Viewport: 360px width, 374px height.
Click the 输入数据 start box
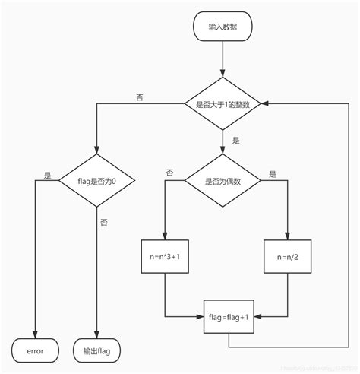pos(223,27)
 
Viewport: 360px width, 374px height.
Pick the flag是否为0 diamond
pos(96,181)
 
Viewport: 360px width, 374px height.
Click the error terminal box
pos(35,351)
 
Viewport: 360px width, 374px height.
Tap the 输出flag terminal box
pos(96,351)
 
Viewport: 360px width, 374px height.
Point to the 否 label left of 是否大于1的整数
pos(138,97)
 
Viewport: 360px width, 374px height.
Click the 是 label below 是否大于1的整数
pos(235,141)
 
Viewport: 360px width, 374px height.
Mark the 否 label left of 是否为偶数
pos(169,174)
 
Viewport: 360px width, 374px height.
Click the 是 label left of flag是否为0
pos(48,175)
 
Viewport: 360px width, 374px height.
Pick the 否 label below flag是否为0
pos(104,221)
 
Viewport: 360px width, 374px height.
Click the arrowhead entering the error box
pos(35,335)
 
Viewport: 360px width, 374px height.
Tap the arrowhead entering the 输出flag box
pos(96,335)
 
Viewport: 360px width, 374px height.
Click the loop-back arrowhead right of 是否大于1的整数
pos(267,104)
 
